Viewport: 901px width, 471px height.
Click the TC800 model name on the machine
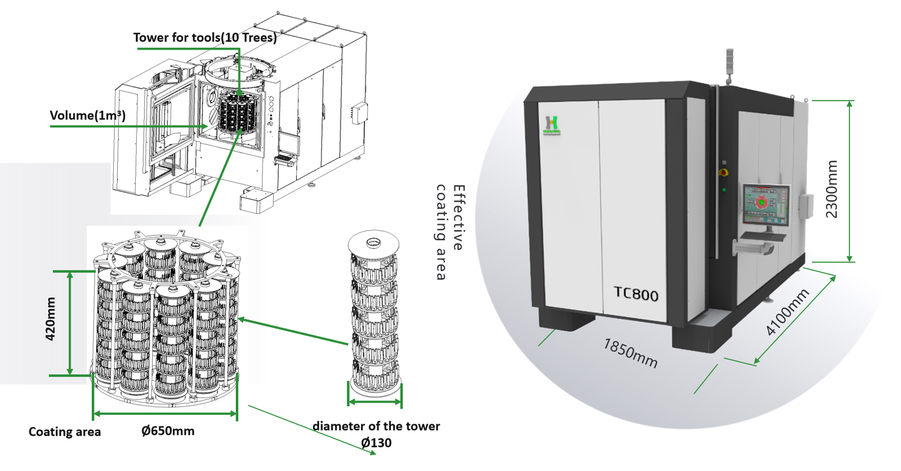636,294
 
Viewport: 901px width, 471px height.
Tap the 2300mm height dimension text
832,189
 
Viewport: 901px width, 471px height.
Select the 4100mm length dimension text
788,312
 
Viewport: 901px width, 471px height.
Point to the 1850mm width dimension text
631,353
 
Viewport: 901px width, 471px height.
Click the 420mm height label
51,319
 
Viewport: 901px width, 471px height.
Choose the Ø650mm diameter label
168,431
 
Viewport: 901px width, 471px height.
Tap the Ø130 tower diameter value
376,443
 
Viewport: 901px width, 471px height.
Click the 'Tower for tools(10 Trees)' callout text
205,38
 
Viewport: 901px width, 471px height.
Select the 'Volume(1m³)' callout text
87,115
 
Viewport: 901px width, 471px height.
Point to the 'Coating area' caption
65,432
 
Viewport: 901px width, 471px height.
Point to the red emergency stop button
724,172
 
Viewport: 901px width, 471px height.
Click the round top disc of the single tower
373,243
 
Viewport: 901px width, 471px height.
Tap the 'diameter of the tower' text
376,426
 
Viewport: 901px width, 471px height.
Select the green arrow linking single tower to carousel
293,331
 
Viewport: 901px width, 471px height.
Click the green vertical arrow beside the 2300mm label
850,181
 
